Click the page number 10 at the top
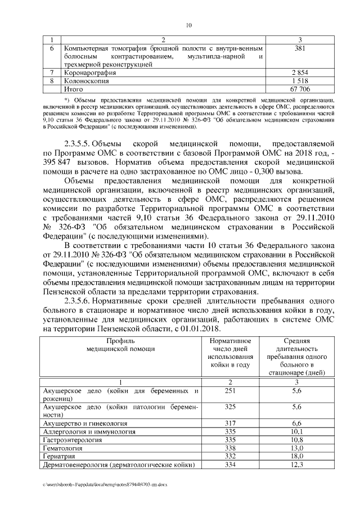pos(189,25)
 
